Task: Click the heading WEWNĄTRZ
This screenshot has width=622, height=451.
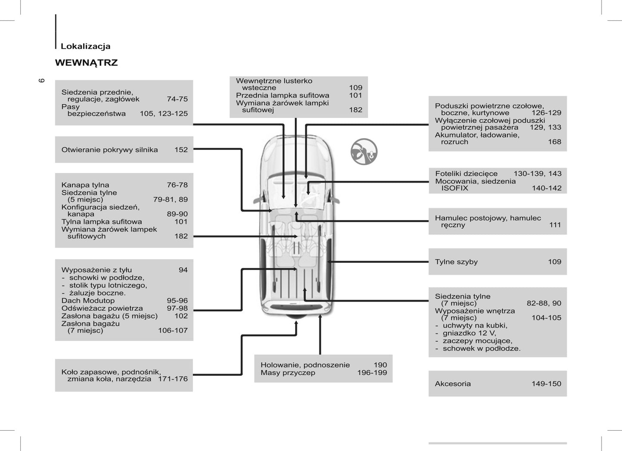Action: [86, 63]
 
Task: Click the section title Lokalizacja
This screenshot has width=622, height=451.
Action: [85, 47]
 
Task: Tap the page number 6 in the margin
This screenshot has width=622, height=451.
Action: [42, 80]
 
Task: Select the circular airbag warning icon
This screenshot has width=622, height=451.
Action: [364, 152]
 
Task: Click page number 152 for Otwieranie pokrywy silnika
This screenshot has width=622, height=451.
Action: [181, 150]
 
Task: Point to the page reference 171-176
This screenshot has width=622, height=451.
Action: [173, 379]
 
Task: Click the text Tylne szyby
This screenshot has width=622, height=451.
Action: [456, 262]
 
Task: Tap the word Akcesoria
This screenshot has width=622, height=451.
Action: [453, 384]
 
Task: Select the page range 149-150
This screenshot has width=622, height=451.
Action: [546, 384]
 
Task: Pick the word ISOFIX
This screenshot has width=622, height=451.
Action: [455, 188]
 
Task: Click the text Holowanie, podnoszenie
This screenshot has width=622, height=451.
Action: [305, 365]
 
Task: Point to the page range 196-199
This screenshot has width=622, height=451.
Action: [372, 373]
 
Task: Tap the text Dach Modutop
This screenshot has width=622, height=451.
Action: [88, 301]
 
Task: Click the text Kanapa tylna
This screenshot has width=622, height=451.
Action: [85, 185]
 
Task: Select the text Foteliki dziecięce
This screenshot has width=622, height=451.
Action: [466, 174]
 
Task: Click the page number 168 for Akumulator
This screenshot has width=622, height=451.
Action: [554, 142]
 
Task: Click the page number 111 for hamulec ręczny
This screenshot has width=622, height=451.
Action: [555, 225]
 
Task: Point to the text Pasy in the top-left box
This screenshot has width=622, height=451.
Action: [71, 106]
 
